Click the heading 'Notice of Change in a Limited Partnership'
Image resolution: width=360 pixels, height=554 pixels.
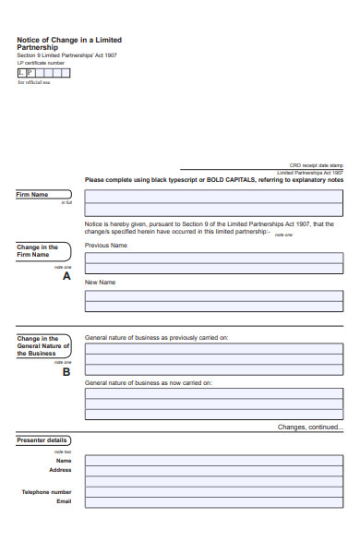68,44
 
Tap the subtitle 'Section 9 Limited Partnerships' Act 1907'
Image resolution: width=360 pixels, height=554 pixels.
66,56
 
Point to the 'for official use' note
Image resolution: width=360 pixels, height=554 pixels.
34,82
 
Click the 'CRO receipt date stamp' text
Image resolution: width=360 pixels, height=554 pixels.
316,165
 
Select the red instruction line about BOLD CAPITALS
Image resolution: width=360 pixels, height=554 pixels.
213,180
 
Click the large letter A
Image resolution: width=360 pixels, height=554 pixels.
66,276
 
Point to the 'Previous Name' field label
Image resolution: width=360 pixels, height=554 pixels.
105,246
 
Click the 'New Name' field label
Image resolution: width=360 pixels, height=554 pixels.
100,282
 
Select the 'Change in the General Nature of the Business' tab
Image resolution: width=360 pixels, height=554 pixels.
42,345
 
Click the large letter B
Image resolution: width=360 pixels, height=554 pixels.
66,372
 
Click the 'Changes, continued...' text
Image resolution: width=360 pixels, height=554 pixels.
310,427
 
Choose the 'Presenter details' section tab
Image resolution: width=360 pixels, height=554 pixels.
42,440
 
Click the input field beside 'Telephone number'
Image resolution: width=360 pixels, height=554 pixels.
213,492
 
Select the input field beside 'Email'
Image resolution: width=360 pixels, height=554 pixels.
213,502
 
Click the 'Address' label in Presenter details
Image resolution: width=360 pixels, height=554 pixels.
60,470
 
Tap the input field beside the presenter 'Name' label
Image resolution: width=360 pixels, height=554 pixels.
213,460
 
